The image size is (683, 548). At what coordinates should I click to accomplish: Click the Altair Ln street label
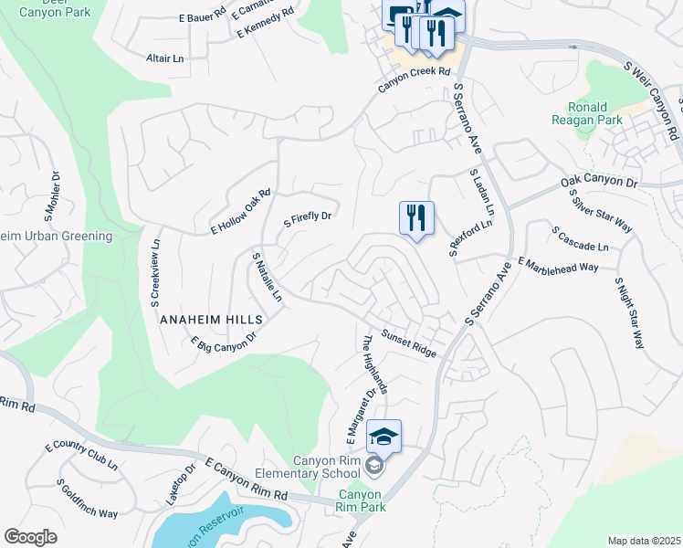(165, 58)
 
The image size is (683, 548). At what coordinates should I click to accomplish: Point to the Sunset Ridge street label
(409, 342)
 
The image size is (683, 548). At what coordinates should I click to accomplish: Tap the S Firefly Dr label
(307, 222)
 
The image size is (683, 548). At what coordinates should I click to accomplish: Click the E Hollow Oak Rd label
(242, 212)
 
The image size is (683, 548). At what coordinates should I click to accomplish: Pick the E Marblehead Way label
(557, 265)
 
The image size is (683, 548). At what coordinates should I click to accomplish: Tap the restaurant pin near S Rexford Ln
(416, 218)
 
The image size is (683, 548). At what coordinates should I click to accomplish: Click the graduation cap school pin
(384, 437)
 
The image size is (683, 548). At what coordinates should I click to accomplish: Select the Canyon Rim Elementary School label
(325, 467)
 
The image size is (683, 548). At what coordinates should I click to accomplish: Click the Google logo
(31, 537)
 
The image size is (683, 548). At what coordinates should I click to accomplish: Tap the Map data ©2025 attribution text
(644, 541)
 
